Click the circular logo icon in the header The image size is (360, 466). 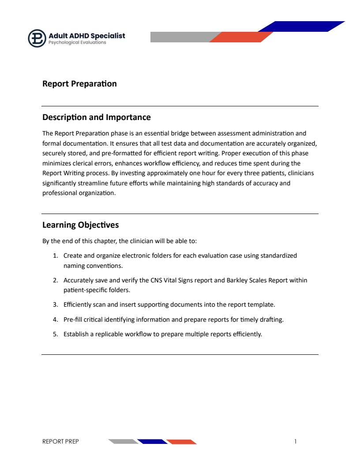click(37, 38)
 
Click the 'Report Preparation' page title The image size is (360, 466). click(79, 84)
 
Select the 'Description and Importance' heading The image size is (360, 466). click(96, 117)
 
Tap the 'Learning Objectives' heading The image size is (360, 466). click(80, 225)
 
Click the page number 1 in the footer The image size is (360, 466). click(296, 441)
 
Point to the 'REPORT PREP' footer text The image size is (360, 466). click(60, 441)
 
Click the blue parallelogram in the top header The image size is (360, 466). click(301, 26)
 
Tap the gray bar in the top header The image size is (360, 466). click(181, 37)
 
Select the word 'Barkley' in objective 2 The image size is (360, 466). click(237, 280)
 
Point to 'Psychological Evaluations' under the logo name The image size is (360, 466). click(77, 43)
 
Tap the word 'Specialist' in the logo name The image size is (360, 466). click(108, 35)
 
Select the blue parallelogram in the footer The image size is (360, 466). click(152, 441)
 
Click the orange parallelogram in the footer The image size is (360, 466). click(181, 441)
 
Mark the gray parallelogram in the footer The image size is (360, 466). click(123, 441)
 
